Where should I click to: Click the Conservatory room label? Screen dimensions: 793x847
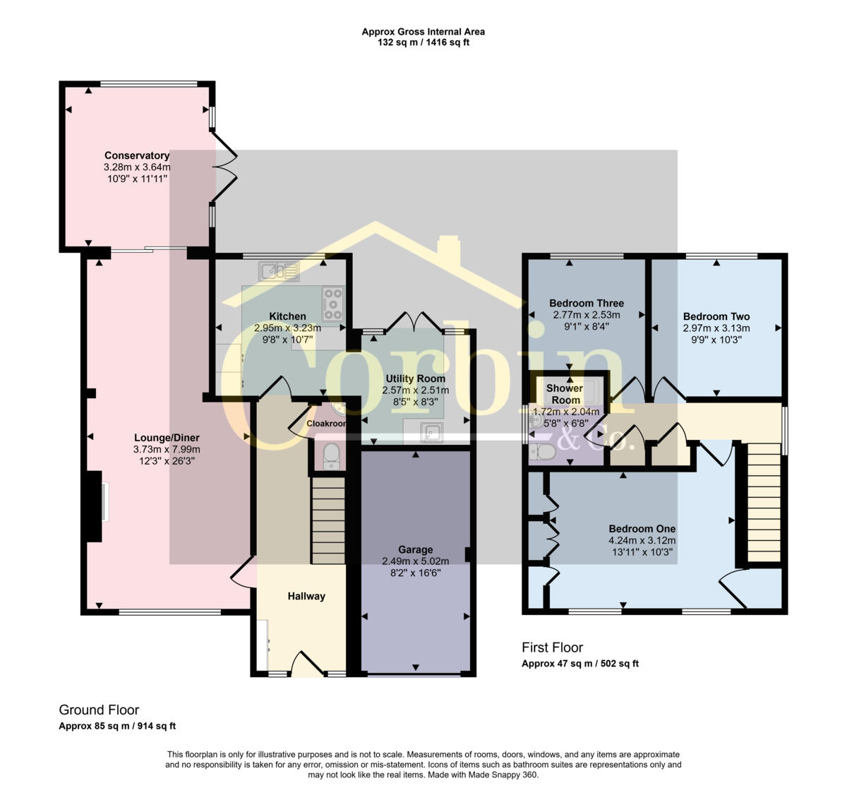(x=137, y=155)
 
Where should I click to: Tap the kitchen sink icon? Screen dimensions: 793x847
(x=280, y=270)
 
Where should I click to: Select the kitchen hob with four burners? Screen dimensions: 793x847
(x=332, y=304)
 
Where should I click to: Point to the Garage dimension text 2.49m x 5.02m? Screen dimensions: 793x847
(x=415, y=561)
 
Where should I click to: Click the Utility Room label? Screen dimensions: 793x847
(x=415, y=378)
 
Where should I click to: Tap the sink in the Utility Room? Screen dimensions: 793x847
(x=431, y=431)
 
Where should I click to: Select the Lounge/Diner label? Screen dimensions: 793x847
(x=167, y=437)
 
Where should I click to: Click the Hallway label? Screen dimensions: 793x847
(x=306, y=596)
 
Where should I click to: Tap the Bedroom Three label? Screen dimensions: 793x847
(x=587, y=304)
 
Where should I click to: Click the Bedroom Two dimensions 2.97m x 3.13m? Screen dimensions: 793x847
(x=716, y=328)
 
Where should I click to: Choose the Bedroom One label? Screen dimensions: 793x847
(x=642, y=529)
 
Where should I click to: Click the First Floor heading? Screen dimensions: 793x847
(x=552, y=647)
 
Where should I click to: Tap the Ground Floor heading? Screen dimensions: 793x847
(x=99, y=710)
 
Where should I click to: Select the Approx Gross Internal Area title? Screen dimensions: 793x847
(x=423, y=32)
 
